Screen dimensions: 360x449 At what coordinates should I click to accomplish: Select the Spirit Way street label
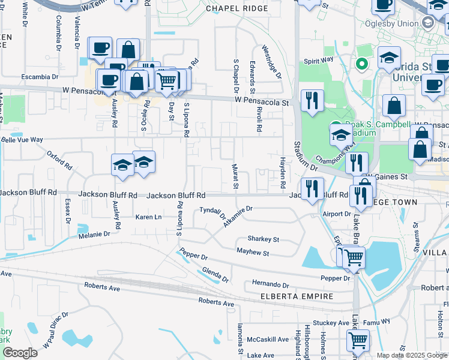coord(318,61)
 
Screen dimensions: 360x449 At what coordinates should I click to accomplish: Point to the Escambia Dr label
coord(40,77)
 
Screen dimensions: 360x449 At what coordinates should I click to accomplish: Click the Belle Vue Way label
coord(22,139)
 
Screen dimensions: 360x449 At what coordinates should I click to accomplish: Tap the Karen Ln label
coord(149,217)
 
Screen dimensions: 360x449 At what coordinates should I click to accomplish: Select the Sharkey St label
coord(263,239)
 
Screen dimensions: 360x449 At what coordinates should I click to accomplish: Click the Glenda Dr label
coord(215,275)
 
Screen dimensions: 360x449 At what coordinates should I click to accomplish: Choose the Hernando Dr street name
coord(270,284)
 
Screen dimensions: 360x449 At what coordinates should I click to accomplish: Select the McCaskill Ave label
coord(268,339)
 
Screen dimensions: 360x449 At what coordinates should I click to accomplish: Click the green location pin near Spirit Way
coord(362,64)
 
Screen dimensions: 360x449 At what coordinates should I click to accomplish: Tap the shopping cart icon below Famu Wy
coord(358,341)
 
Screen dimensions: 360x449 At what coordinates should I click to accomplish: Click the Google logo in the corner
coord(20,353)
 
